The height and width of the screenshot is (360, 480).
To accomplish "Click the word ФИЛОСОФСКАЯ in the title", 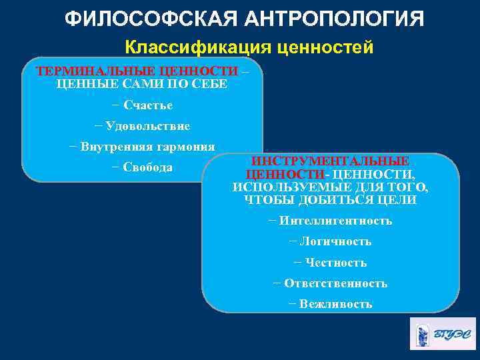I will pyautogui.click(x=144, y=18).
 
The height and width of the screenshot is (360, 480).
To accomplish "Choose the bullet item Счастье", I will pyautogui.click(x=147, y=105).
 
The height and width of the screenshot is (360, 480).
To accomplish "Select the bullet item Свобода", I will pyautogui.click(x=147, y=167).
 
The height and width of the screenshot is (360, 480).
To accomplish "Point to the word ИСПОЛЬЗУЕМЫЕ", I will pyautogui.click(x=281, y=187).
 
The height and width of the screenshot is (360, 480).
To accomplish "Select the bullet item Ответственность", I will pyautogui.click(x=335, y=283).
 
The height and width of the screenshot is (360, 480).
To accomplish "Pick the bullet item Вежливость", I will pyautogui.click(x=335, y=304).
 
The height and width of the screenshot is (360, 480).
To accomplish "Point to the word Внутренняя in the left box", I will pyautogui.click(x=107, y=147).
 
